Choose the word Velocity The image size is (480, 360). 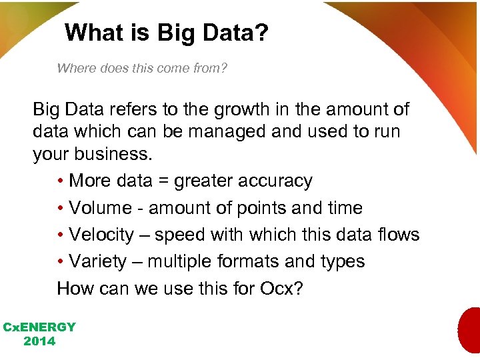[101, 235]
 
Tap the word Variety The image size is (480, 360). [97, 261]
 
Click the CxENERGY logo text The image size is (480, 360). [39, 327]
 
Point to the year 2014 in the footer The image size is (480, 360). [39, 341]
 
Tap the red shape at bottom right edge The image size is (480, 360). [469, 330]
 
